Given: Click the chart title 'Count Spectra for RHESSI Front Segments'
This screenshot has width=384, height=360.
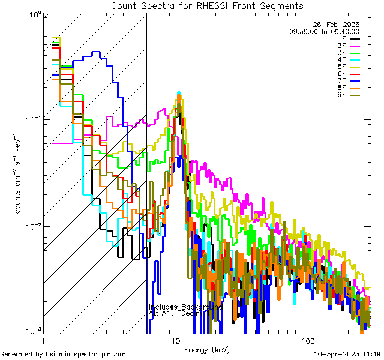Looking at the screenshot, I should [207, 5].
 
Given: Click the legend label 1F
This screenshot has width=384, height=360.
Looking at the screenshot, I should [343, 38].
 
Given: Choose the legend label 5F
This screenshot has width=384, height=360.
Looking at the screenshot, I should [343, 67].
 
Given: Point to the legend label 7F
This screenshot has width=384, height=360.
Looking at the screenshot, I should [343, 81].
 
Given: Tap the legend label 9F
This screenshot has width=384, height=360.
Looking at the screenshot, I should [343, 95].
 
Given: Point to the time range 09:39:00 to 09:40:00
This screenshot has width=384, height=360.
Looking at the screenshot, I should [324, 31].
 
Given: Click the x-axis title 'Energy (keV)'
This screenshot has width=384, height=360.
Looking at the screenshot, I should [207, 349].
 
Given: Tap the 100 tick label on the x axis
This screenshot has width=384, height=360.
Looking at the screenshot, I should [307, 340].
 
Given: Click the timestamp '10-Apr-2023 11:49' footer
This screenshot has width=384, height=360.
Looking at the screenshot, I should [347, 354].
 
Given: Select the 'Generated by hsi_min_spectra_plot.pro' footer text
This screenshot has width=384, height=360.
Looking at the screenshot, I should [63, 354].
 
